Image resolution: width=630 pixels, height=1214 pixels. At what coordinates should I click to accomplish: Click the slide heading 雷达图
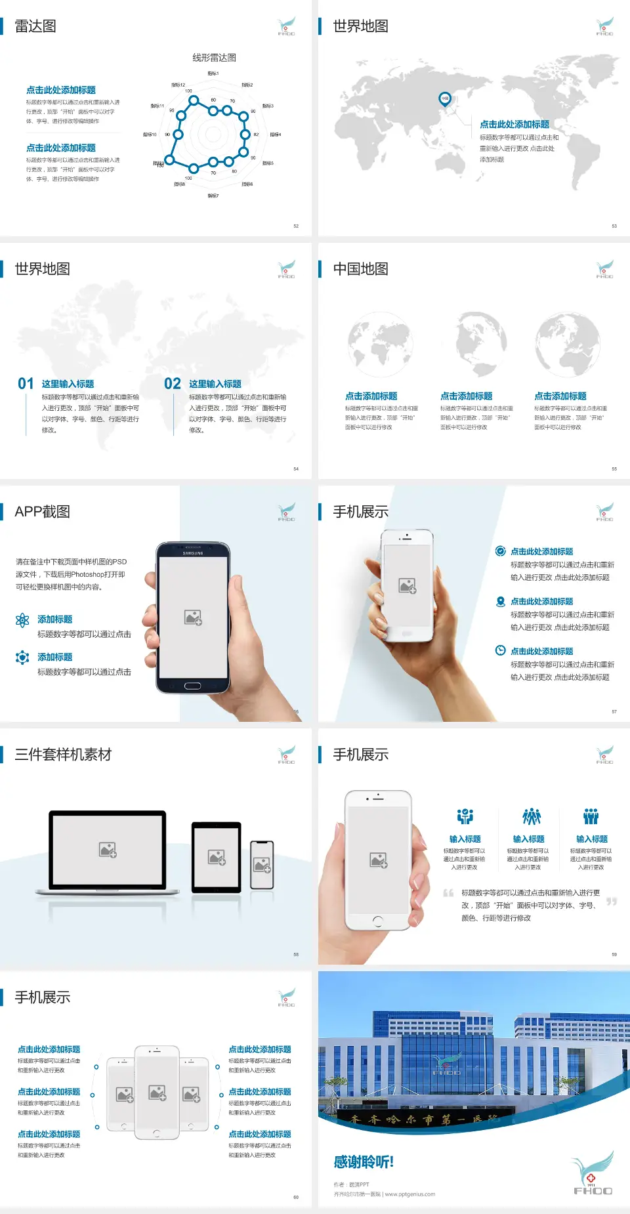click(x=35, y=26)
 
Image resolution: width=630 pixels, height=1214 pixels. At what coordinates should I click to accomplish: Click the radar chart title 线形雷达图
click(x=214, y=58)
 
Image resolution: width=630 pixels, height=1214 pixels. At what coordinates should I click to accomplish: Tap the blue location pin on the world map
click(x=444, y=99)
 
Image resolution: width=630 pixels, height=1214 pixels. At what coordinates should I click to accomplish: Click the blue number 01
click(x=26, y=384)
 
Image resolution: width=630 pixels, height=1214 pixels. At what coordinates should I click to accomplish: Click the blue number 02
click(x=173, y=384)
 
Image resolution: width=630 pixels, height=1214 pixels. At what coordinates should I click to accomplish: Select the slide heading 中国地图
click(x=360, y=269)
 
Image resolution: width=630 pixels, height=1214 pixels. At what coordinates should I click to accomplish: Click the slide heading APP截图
click(x=42, y=512)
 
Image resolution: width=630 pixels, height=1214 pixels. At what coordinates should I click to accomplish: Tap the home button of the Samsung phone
click(x=192, y=686)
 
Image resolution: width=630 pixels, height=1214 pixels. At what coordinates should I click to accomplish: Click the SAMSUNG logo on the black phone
click(x=193, y=553)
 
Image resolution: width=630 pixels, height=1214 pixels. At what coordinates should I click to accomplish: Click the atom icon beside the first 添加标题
click(x=22, y=620)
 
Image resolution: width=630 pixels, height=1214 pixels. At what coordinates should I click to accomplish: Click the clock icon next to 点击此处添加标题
click(x=500, y=650)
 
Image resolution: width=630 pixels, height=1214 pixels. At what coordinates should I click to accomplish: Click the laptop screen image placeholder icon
click(x=108, y=850)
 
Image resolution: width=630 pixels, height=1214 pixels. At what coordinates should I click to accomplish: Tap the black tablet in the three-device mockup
click(x=217, y=856)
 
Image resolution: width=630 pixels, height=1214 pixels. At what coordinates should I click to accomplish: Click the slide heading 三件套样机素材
click(x=63, y=755)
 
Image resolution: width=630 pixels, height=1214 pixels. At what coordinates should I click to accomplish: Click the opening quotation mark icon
click(x=448, y=892)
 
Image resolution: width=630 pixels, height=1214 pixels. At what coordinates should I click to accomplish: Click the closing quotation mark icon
click(x=612, y=901)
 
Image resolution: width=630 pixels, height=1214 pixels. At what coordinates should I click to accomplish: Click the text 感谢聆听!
click(x=364, y=1162)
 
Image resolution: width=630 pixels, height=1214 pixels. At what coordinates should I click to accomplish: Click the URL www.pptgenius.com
click(x=409, y=1194)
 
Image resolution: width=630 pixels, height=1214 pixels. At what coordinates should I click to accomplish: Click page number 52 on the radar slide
click(x=296, y=226)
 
